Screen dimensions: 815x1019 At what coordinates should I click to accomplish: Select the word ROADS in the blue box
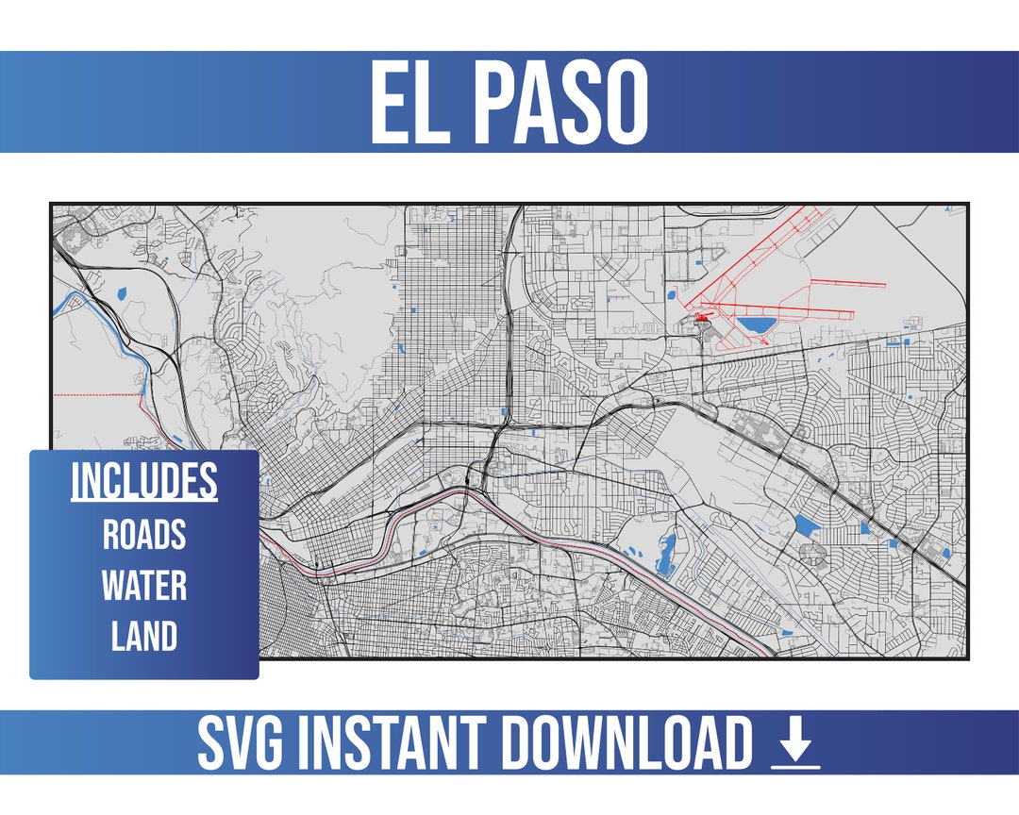pyautogui.click(x=144, y=535)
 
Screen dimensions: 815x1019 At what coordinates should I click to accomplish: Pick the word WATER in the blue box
pyautogui.click(x=144, y=586)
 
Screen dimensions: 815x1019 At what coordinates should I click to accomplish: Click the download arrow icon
pyautogui.click(x=795, y=744)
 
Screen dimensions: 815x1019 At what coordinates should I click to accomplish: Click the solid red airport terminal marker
pyautogui.click(x=703, y=319)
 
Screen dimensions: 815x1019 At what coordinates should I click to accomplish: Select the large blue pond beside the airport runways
pyautogui.click(x=756, y=326)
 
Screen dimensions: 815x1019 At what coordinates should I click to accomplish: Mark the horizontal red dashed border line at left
pyautogui.click(x=94, y=394)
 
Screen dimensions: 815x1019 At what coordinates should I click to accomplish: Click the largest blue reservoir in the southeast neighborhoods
pyautogui.click(x=807, y=525)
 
